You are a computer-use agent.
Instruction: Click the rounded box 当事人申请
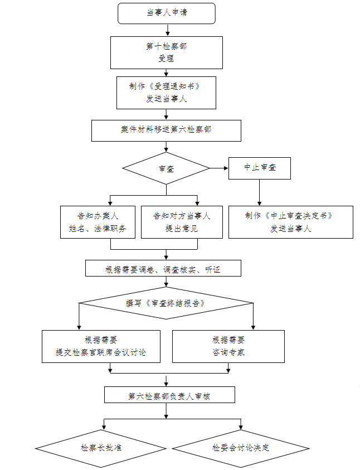tap(167, 13)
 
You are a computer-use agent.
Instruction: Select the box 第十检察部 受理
tap(167, 53)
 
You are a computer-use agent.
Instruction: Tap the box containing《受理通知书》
tap(166, 93)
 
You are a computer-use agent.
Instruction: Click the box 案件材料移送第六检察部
tap(166, 130)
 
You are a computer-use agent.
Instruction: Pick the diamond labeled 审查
tap(166, 168)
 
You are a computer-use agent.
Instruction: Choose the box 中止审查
tap(259, 168)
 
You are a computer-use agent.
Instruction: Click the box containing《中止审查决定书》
tap(290, 222)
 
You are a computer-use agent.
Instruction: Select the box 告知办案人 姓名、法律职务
tap(98, 222)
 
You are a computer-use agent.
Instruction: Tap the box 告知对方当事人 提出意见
tap(182, 222)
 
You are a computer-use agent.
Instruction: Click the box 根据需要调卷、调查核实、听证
tap(163, 268)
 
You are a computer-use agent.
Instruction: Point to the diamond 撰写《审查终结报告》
tap(166, 303)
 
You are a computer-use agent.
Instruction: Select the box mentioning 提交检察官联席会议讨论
tap(101, 346)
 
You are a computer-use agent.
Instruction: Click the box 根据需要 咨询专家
tap(228, 346)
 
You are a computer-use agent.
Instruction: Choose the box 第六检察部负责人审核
tap(169, 395)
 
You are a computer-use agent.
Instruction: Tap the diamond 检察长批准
tap(101, 448)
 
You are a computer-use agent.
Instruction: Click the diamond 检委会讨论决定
tap(241, 448)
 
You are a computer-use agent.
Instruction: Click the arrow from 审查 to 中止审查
tap(219, 168)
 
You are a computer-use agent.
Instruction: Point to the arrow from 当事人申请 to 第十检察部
tap(167, 30)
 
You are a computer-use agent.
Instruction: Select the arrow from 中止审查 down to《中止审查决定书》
tap(259, 193)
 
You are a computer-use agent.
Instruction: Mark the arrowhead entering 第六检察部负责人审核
tap(166, 384)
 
